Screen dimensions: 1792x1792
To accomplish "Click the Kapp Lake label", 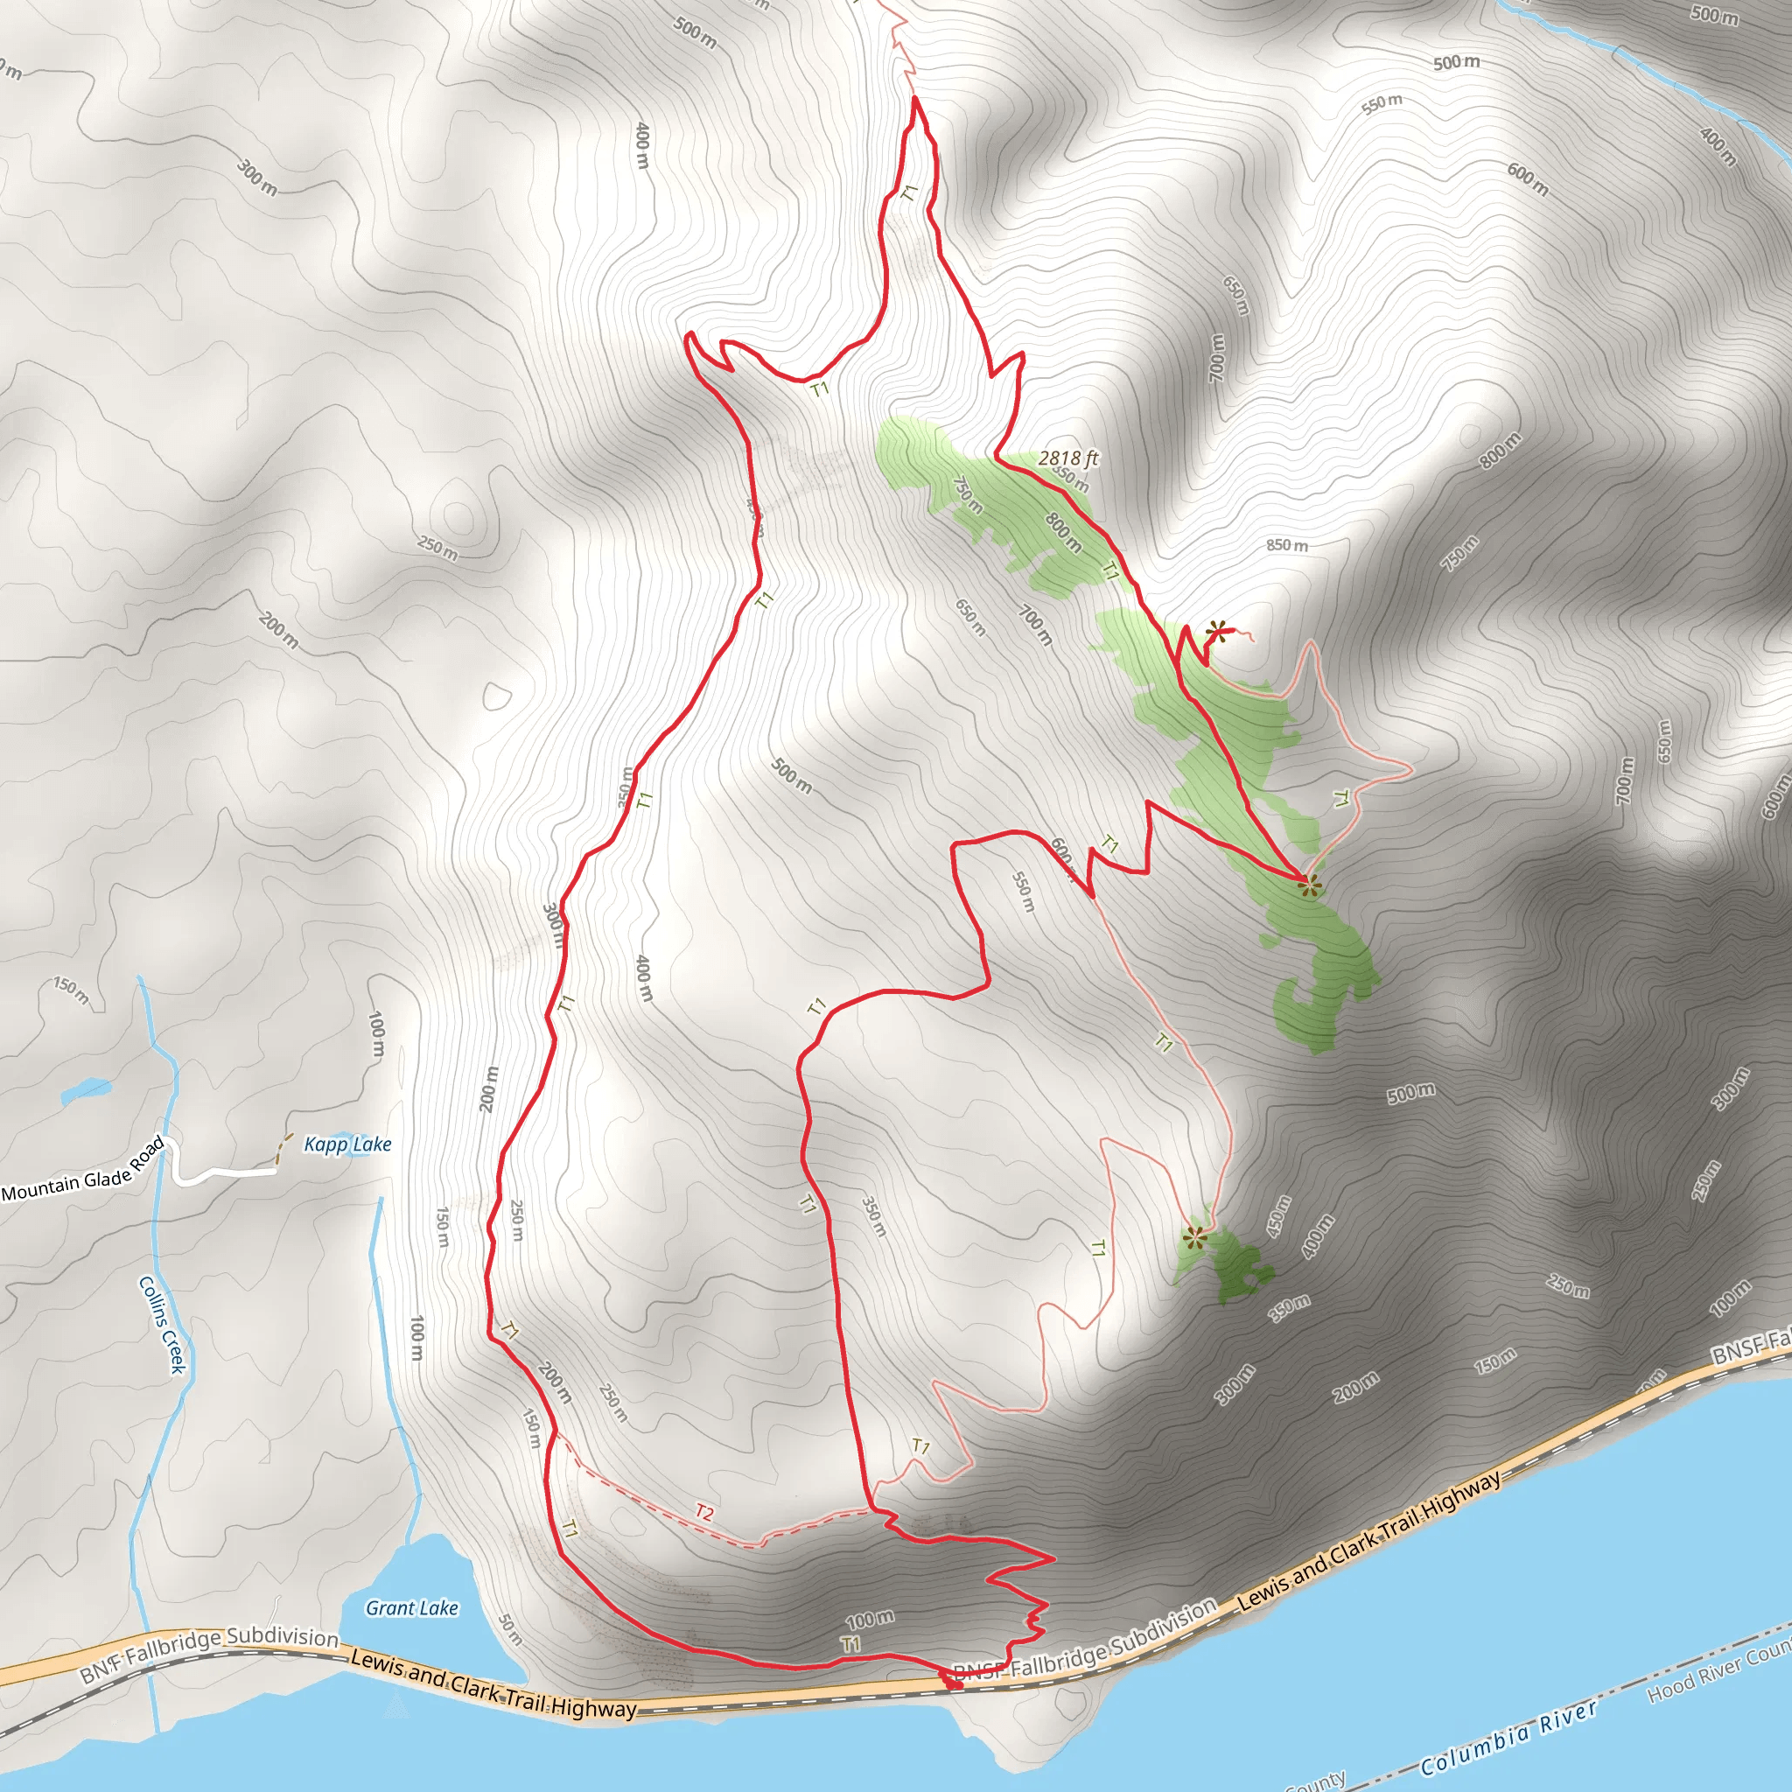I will click(x=348, y=1144).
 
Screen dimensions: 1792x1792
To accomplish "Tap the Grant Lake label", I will click(x=412, y=1607).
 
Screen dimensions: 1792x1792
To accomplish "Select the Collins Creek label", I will click(x=163, y=1325).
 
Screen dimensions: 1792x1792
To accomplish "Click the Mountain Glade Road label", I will click(x=83, y=1172).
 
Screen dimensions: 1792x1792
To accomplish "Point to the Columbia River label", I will click(x=1508, y=1734).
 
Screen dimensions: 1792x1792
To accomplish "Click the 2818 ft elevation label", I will click(x=1067, y=458).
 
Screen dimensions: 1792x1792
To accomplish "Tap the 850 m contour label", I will click(x=1286, y=545).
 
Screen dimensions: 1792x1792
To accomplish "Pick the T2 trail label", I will click(x=705, y=1514).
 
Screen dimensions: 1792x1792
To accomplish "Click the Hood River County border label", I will click(x=1716, y=1669).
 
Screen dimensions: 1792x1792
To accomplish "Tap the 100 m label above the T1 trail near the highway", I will click(x=869, y=1620).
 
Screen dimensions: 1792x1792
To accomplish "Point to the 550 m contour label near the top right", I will click(x=1382, y=104).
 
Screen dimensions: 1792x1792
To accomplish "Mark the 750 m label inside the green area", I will click(x=968, y=495).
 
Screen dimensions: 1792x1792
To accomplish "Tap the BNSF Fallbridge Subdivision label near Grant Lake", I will click(x=209, y=1654).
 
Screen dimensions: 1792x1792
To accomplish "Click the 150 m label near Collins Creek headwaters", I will click(x=72, y=990).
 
